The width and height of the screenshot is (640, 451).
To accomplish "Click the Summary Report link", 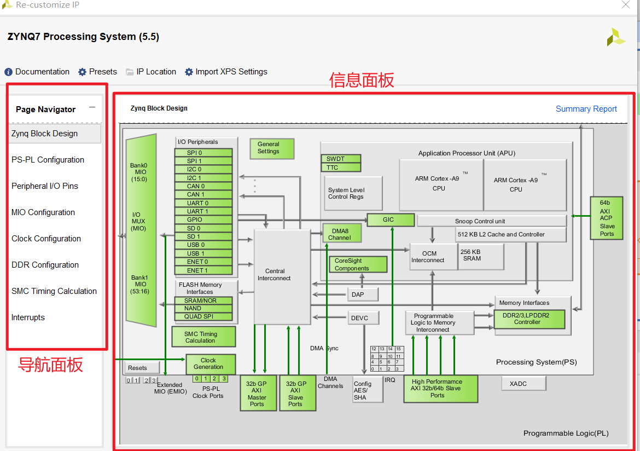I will coord(586,109).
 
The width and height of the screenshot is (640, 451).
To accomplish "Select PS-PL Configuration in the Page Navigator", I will coord(48,160).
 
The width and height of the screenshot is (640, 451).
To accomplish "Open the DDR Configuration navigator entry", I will coord(45,265).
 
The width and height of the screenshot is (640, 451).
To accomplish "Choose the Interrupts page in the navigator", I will coord(28,317).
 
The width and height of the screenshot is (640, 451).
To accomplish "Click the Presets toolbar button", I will coord(98,72).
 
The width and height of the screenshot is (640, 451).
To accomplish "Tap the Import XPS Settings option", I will coord(226,72).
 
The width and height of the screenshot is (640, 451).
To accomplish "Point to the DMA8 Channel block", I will coord(342,234).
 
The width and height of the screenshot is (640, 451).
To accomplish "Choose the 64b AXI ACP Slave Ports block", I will coord(607,218).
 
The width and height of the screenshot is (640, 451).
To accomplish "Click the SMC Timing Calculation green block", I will coord(203,337).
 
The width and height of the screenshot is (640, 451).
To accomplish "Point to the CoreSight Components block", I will coord(358,265).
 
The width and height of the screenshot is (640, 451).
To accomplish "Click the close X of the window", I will coord(626,5).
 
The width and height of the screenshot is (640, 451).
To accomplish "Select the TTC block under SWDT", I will coord(340,167).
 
